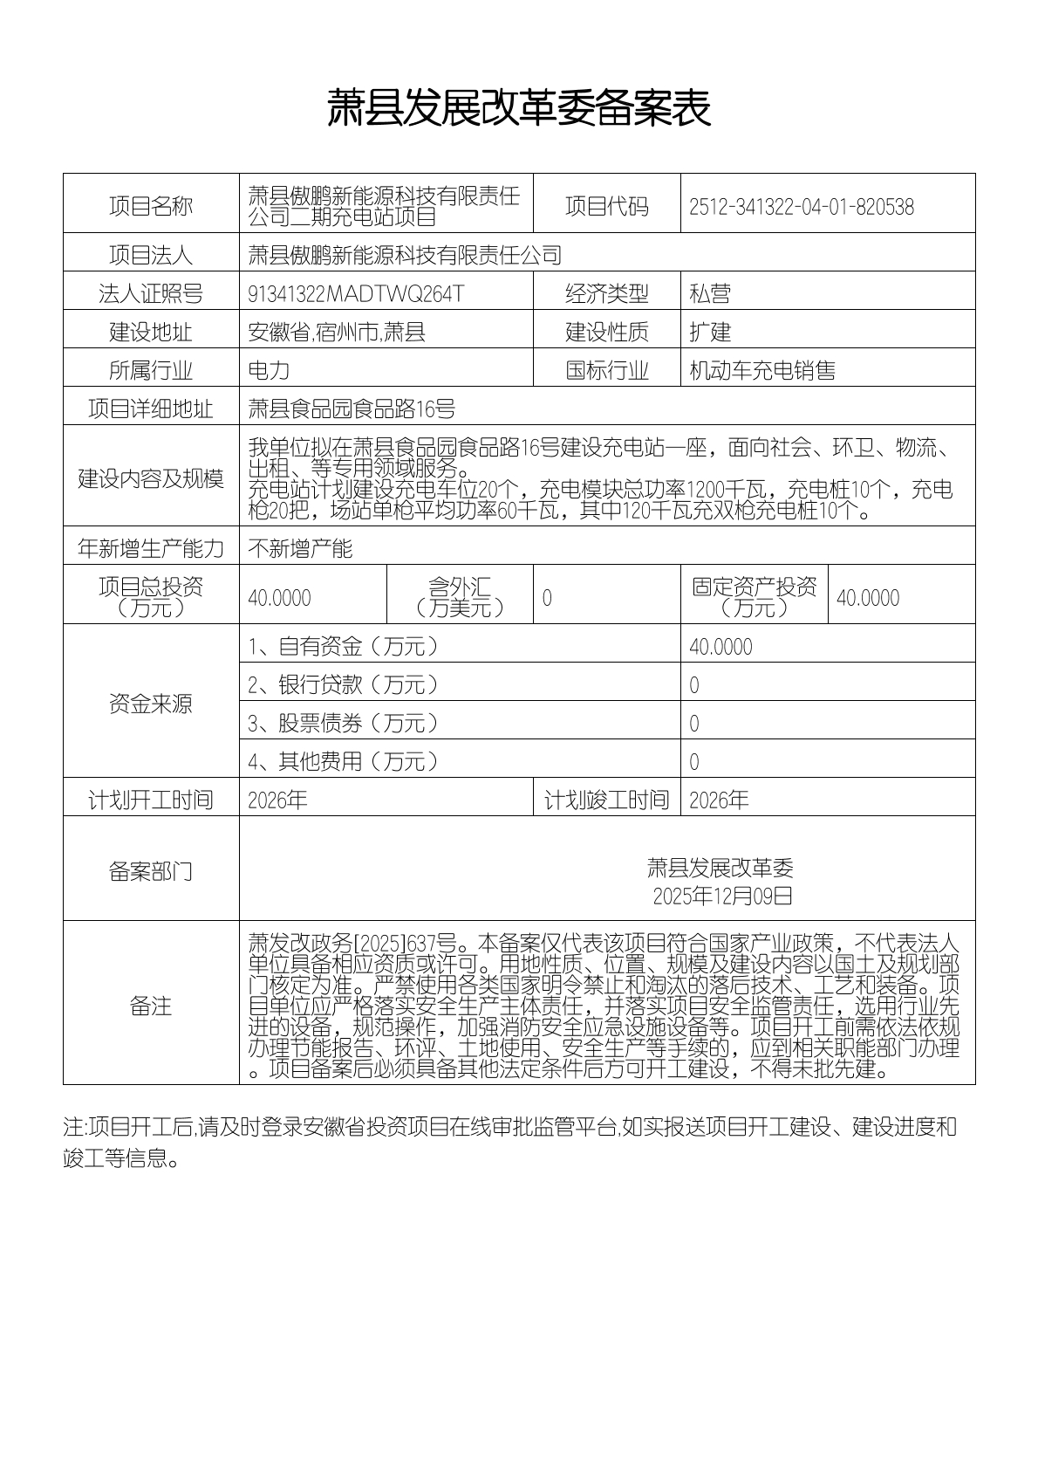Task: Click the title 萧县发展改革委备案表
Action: (x=519, y=108)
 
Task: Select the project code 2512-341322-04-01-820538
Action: (x=801, y=207)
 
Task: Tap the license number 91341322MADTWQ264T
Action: (x=356, y=294)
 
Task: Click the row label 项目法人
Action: (x=151, y=255)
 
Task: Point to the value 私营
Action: (x=709, y=294)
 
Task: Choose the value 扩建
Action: (x=709, y=333)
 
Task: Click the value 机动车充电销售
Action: (x=761, y=371)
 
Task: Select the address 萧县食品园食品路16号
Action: (x=352, y=409)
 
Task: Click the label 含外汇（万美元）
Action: (x=460, y=597)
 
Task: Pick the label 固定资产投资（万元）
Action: (x=754, y=597)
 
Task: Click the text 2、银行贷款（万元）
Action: (x=344, y=685)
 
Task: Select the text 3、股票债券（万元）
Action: (x=344, y=724)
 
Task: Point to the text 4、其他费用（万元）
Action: (x=344, y=762)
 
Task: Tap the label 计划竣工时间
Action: (x=606, y=800)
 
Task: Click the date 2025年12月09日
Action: (x=722, y=896)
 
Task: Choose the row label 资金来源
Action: (x=151, y=704)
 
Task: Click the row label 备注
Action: (x=151, y=1006)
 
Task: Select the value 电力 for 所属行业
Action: (x=269, y=371)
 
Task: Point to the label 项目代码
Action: (x=606, y=207)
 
